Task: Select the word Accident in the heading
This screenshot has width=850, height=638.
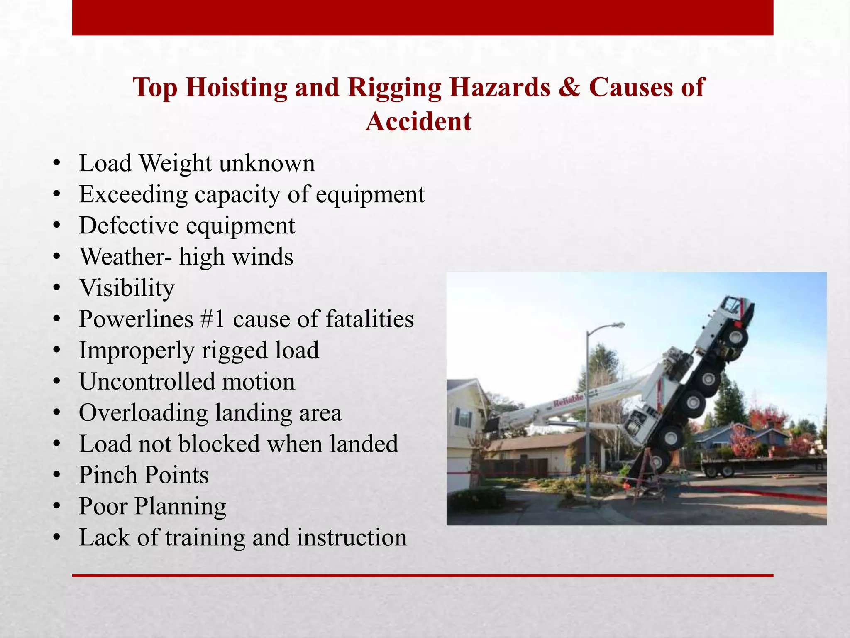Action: click(418, 122)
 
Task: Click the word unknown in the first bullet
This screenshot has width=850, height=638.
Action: click(267, 163)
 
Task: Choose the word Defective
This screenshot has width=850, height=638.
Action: click(129, 226)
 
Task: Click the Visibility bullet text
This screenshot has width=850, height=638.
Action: click(127, 288)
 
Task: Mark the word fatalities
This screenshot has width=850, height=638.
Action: click(370, 319)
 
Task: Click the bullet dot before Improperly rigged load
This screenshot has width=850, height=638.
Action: click(57, 351)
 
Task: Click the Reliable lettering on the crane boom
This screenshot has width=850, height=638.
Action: click(569, 401)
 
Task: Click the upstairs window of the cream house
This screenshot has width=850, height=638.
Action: click(464, 418)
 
